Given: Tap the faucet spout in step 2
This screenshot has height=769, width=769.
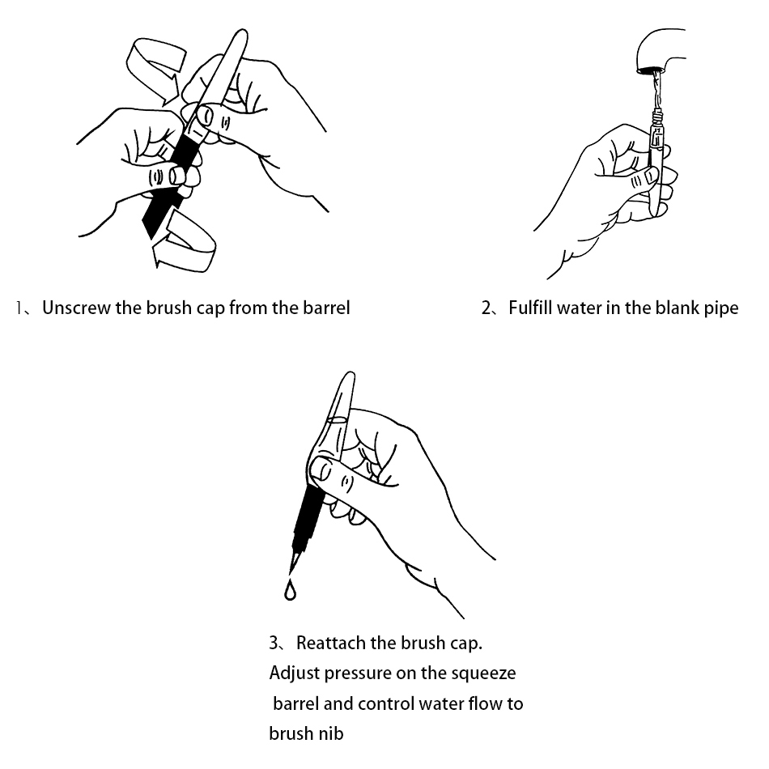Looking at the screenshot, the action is pos(660,50).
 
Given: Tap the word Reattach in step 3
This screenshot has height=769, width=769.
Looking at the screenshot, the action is pos(331,643).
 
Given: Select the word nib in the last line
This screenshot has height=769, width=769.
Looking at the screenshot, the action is pos(333,733).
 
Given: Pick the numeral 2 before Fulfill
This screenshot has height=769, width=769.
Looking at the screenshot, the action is pos(486,308).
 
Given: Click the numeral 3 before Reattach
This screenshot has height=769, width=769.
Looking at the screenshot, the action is pos(274,643).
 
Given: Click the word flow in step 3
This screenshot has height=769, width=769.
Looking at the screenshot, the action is pos(485,703).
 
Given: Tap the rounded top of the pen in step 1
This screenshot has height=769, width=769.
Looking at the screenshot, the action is pos(240,36).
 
